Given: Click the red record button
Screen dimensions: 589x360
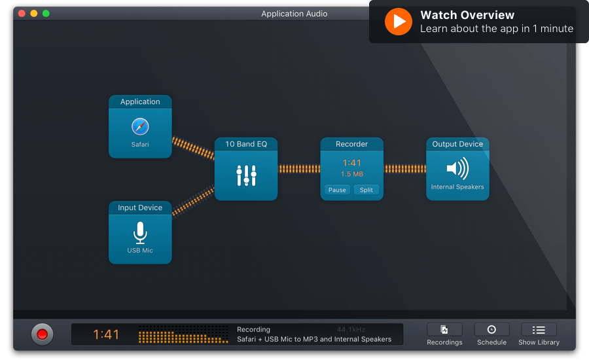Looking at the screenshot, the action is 42,334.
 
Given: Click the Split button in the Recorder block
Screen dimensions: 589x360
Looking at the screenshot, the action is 366,190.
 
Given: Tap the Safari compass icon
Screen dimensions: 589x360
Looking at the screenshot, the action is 140,126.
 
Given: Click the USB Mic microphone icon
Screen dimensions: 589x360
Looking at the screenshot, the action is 140,232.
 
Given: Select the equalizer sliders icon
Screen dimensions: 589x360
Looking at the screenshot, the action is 247,175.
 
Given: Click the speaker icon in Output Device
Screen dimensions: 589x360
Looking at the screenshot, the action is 457,168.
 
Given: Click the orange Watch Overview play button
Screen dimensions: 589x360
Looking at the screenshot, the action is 399,22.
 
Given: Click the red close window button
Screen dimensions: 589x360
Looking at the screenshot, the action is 22,14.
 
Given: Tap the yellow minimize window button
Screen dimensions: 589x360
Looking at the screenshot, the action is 34,14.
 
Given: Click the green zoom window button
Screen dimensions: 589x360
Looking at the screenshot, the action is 46,14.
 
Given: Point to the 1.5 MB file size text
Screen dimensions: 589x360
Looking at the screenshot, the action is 352,174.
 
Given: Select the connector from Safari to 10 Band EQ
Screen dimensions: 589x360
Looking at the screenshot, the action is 193,148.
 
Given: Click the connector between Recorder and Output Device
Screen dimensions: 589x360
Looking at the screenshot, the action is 405,169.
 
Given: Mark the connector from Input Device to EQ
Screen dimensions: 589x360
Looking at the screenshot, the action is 193,201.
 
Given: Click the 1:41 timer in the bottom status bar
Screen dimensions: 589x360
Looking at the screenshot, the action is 106,334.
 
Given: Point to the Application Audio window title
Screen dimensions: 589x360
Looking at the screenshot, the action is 294,14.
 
